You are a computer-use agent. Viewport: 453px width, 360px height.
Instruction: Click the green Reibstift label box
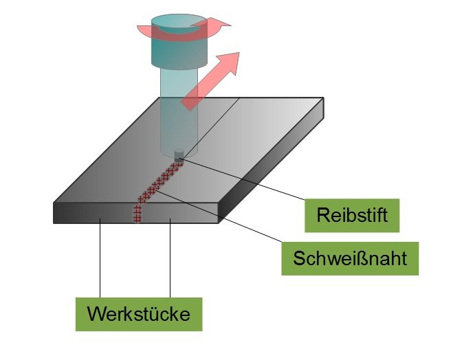353,215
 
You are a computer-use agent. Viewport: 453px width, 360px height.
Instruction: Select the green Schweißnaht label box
350,258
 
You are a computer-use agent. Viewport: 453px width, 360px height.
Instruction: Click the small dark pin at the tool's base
179,155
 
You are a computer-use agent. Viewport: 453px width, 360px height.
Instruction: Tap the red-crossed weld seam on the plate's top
157,183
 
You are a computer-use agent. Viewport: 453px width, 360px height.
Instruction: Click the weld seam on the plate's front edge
136,214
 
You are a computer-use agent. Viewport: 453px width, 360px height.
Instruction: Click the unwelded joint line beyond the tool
213,124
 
